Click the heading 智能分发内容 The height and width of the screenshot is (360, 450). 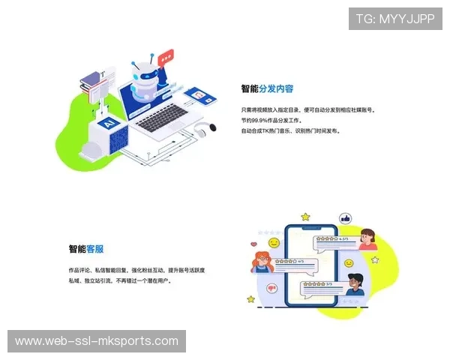click(x=267, y=88)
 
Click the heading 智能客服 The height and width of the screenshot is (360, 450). click(x=86, y=249)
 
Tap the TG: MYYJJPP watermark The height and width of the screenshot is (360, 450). click(x=395, y=19)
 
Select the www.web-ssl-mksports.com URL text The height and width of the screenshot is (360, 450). click(x=96, y=341)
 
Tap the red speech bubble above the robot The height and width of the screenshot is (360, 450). click(x=166, y=55)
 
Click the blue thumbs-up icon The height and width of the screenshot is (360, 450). click(x=346, y=219)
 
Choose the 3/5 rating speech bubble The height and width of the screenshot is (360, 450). click(x=318, y=285)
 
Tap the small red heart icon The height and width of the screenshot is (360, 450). click(x=253, y=244)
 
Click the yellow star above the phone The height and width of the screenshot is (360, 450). click(x=305, y=217)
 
